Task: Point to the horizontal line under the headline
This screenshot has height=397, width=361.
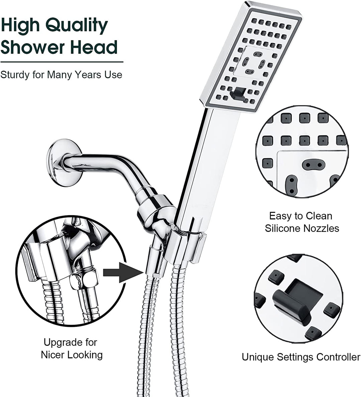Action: (62, 62)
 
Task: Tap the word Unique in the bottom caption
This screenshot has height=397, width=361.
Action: (258, 357)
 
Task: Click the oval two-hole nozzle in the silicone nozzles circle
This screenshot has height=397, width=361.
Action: (313, 164)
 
